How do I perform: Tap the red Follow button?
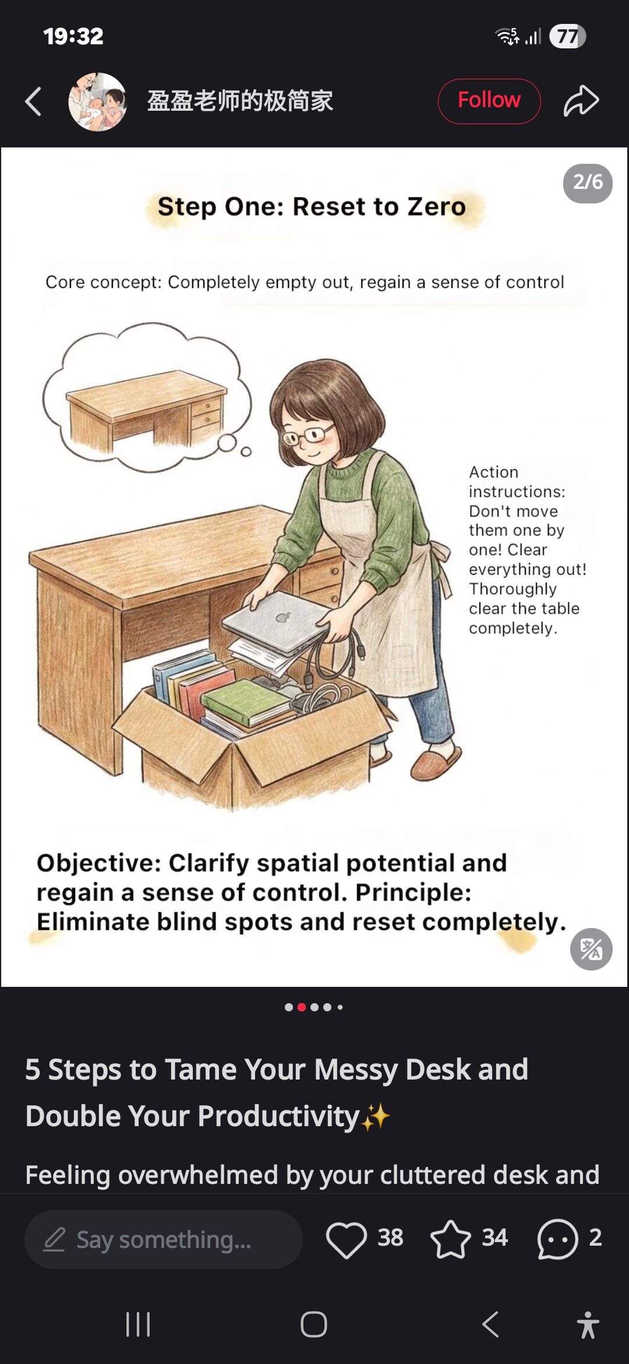tap(489, 101)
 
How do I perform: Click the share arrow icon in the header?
tap(581, 101)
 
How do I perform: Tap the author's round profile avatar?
tap(97, 101)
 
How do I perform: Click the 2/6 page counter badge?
tap(588, 183)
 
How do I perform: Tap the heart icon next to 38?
tap(347, 1239)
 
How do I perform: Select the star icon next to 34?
tap(450, 1239)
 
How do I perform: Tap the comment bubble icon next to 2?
tap(557, 1239)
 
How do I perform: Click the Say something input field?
tap(164, 1239)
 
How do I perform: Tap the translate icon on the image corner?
tap(591, 948)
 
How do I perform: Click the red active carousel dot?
tap(302, 1007)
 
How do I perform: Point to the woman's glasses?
tap(305, 435)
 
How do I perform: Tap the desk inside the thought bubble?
tap(146, 408)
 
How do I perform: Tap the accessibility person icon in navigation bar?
tap(588, 1324)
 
